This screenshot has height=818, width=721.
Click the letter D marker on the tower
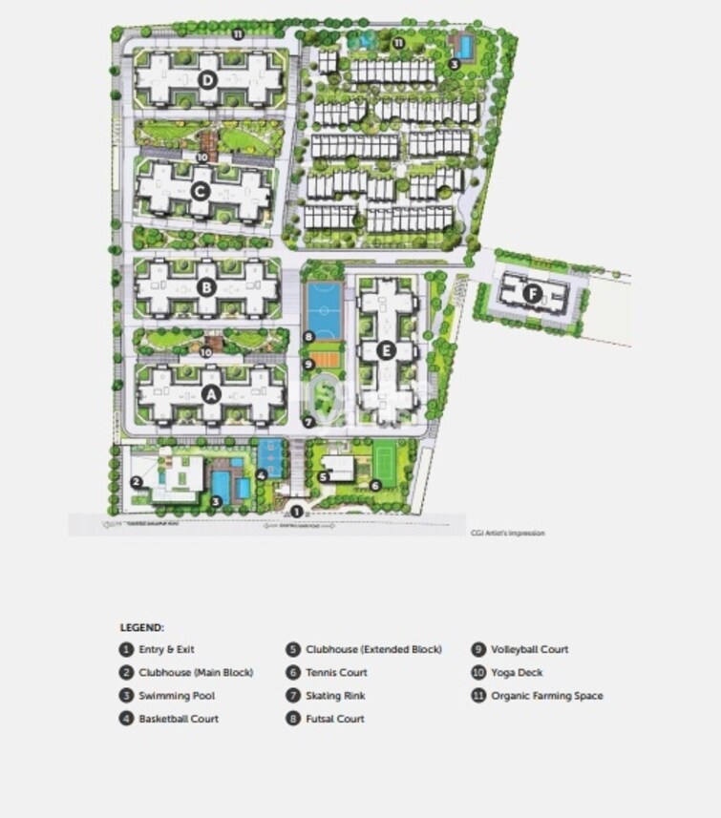[208, 79]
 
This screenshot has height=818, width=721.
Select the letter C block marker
[200, 190]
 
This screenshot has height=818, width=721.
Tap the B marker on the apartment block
[205, 285]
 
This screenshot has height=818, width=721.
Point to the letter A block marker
[212, 393]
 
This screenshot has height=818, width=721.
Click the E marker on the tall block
[385, 350]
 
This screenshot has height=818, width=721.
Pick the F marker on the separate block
[532, 293]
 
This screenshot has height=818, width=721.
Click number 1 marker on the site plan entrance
[297, 513]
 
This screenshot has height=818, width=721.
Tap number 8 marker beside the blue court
[308, 336]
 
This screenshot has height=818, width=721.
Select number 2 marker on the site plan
[137, 481]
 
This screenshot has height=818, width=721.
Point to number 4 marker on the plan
[262, 474]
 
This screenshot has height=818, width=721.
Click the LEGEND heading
[141, 627]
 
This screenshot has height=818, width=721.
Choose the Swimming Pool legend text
[170, 696]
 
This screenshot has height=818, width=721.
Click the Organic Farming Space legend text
[546, 696]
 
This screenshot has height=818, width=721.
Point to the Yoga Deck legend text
[517, 673]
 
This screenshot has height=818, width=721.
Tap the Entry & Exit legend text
[166, 650]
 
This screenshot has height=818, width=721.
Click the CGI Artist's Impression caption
[507, 533]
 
